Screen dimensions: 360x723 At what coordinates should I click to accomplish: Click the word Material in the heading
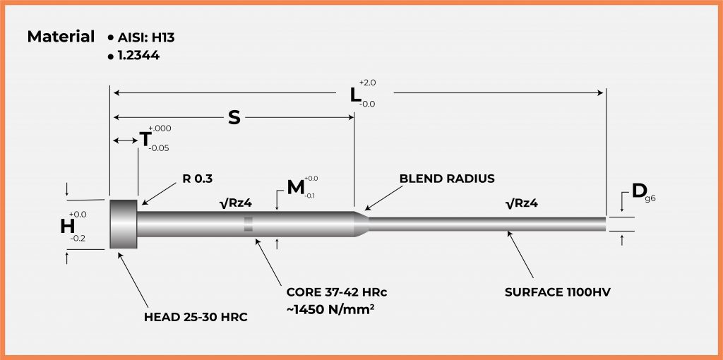point(61,36)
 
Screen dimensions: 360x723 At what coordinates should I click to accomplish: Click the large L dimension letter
point(357,93)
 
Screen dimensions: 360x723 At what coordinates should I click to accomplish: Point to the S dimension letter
point(234,117)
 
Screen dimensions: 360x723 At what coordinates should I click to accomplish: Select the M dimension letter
point(296,188)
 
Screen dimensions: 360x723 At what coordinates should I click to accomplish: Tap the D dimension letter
point(640,191)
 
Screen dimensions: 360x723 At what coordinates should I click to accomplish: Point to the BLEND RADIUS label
point(447,179)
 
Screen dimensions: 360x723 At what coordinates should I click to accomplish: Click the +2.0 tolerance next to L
point(368,83)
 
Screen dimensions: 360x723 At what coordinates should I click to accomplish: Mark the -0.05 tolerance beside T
point(159,148)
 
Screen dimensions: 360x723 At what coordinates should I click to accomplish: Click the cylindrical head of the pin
point(123,223)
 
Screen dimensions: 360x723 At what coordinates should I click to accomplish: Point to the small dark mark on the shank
point(248,224)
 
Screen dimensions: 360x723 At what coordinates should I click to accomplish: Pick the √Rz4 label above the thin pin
point(523,204)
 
